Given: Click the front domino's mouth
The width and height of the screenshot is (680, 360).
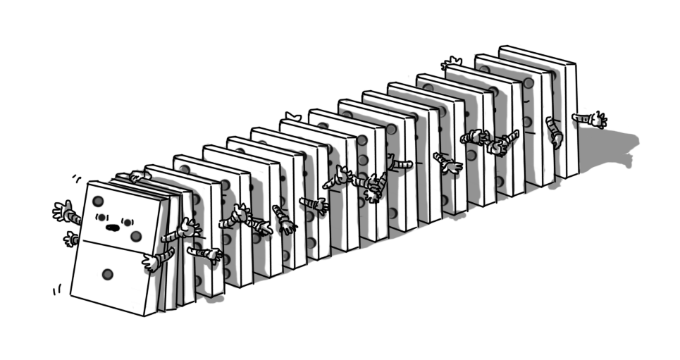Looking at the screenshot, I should tap(111, 228).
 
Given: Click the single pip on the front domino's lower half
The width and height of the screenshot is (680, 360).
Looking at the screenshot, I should tap(107, 274).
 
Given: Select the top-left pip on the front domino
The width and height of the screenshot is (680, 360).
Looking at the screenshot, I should tap(98, 201).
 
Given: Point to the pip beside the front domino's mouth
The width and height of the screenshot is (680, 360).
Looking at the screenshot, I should tap(136, 236).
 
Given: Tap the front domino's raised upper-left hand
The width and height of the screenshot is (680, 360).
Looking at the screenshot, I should tap(63, 210).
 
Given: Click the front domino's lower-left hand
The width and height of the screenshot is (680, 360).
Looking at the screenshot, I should tap(70, 240).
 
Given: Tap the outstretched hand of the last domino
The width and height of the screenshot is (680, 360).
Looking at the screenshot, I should tap(599, 120).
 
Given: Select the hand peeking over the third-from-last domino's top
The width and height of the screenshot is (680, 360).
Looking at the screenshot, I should tap(452, 64).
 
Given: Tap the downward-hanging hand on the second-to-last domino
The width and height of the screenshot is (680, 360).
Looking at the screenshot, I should tap(556, 139).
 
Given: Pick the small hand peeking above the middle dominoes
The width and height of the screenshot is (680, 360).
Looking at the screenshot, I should tap(293, 116).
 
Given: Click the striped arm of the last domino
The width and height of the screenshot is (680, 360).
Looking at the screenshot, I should tap(583, 118).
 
